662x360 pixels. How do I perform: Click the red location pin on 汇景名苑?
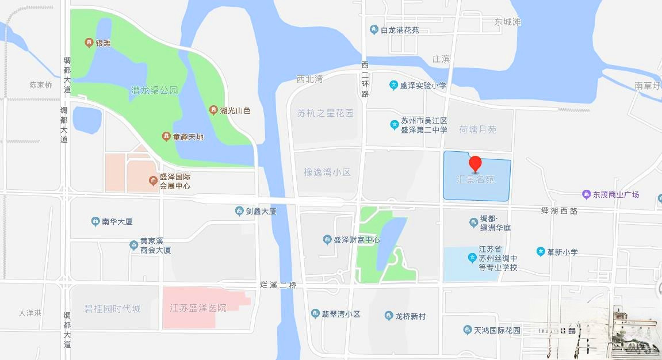click(x=475, y=163)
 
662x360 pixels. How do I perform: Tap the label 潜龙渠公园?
click(x=155, y=90)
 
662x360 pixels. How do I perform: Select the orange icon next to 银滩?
click(x=89, y=42)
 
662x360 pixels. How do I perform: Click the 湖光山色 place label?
click(x=235, y=110)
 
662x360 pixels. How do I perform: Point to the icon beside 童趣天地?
click(x=166, y=137)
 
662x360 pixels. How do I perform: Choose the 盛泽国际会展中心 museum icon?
click(x=154, y=181)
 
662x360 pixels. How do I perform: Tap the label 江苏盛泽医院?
click(x=198, y=308)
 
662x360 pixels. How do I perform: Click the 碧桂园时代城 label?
click(x=112, y=309)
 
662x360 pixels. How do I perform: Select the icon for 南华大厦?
click(x=95, y=221)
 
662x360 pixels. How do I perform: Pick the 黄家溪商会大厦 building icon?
click(x=133, y=246)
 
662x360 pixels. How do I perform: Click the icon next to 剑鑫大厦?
click(x=239, y=211)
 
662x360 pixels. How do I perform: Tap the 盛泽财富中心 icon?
click(x=327, y=239)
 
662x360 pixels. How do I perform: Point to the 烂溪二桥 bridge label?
click(x=278, y=285)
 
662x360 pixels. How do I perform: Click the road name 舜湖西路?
click(x=559, y=211)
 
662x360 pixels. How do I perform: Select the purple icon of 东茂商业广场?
click(x=586, y=194)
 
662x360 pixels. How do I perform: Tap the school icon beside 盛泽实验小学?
click(x=393, y=85)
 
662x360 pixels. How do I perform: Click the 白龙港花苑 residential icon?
click(x=374, y=30)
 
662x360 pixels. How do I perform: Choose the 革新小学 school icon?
click(x=540, y=252)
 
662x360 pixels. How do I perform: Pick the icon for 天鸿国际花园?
click(x=467, y=330)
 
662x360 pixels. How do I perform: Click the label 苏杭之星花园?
click(x=326, y=113)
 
